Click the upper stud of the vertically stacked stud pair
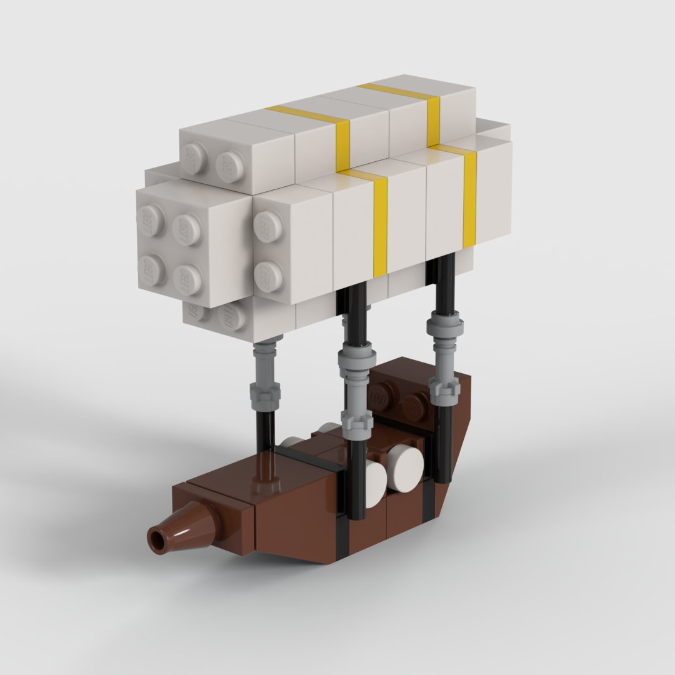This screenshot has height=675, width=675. point(267,226)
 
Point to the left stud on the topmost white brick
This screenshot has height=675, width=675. point(197,157)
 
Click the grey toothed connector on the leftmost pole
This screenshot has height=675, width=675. point(265,394)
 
